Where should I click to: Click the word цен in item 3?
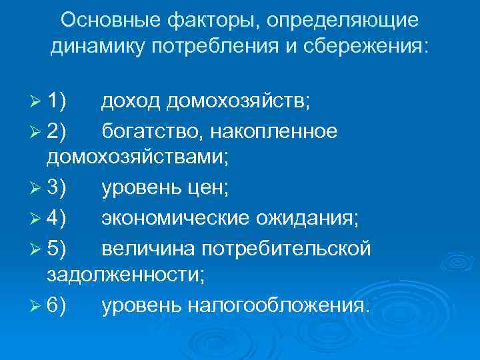209,189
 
